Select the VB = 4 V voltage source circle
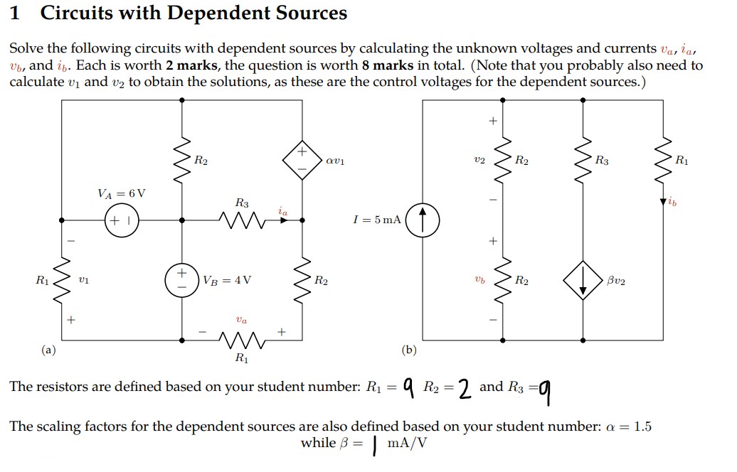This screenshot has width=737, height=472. pos(182,279)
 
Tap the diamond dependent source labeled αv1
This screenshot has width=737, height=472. pos(302,161)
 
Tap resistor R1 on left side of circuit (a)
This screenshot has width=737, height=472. pos(62,279)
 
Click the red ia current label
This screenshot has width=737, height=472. pos(283,210)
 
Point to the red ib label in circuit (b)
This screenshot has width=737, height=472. pos(673,203)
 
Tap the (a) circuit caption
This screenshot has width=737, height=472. pos(47,350)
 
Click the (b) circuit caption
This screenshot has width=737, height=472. pos(409,350)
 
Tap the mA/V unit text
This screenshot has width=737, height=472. pos(407,443)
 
